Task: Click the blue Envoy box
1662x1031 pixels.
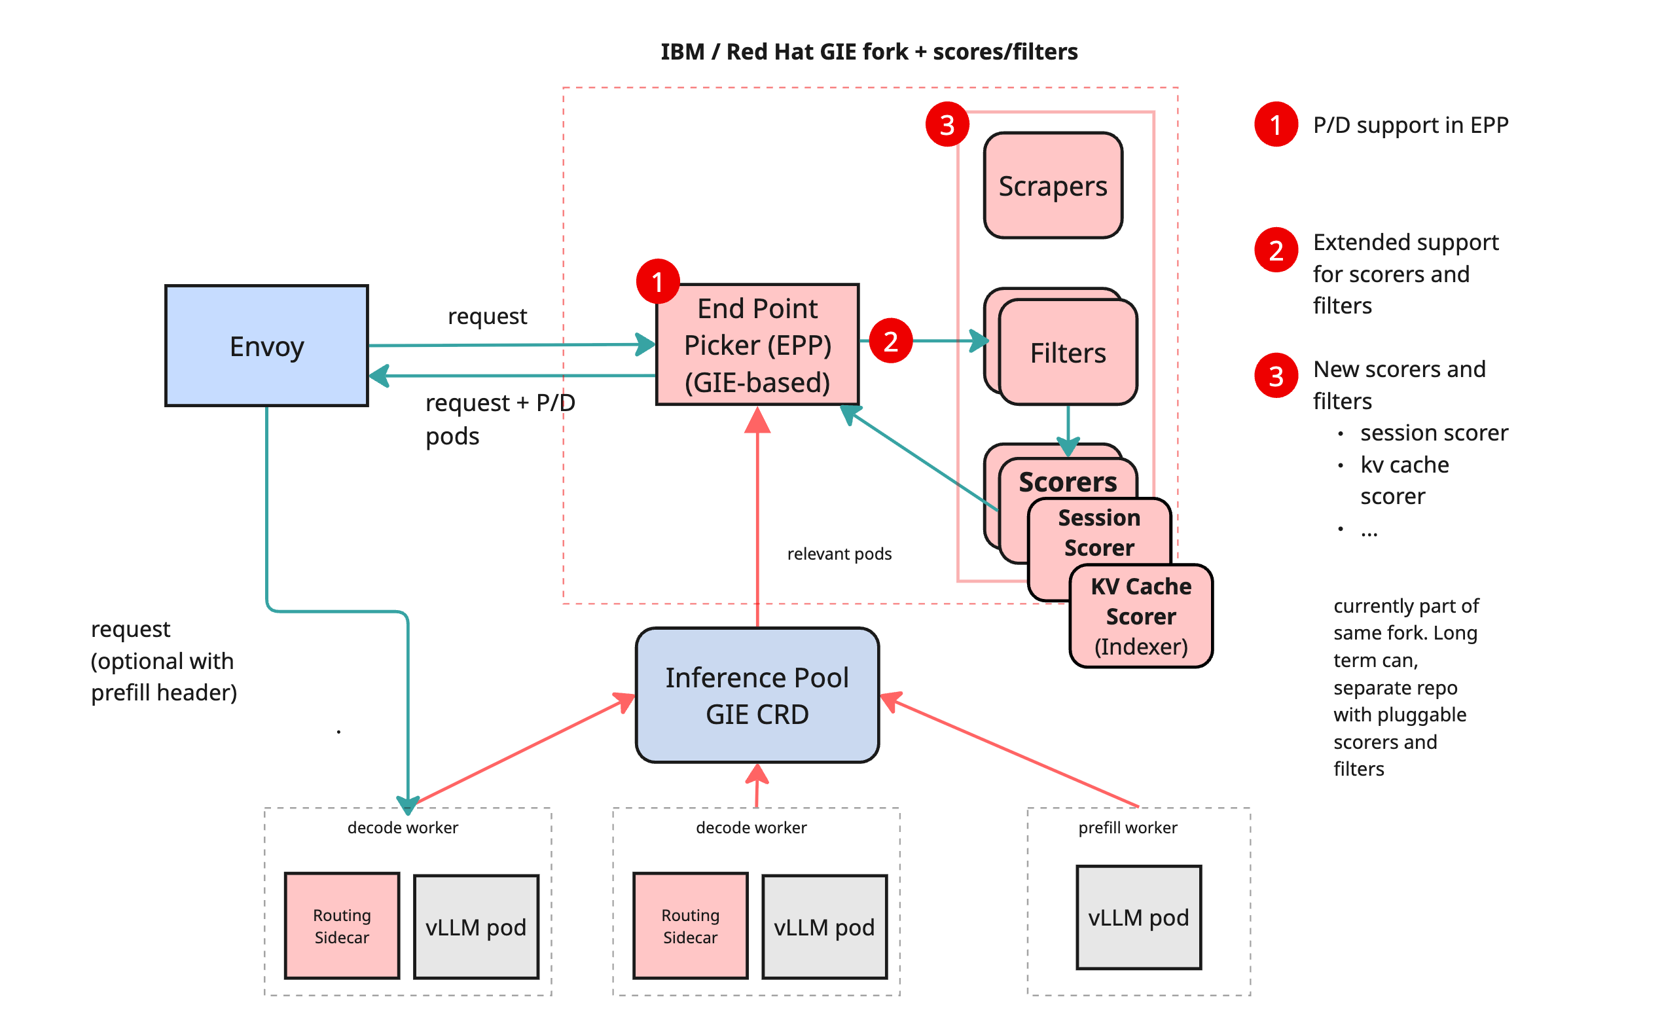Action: point(266,346)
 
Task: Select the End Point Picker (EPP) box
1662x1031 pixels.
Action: point(757,345)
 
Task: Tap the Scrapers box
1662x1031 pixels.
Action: point(1053,185)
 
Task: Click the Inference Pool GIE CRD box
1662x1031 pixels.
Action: point(757,695)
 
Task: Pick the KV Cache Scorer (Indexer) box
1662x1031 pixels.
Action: point(1140,616)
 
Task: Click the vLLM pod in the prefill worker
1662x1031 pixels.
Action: point(1138,917)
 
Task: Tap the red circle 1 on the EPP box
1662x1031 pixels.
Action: point(657,281)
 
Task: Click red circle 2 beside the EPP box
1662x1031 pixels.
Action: point(890,340)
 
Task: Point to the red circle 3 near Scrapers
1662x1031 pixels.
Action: point(947,124)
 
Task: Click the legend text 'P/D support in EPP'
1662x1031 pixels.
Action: point(1410,125)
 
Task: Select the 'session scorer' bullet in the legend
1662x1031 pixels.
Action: point(1433,432)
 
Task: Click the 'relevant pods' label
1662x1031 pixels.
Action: point(839,554)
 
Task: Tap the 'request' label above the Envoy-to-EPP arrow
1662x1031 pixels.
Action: point(487,316)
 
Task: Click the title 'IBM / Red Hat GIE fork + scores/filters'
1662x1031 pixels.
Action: point(869,51)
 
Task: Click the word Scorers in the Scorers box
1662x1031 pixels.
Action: point(1067,481)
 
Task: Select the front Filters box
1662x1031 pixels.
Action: point(1068,353)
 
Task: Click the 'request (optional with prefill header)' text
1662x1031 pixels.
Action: point(164,660)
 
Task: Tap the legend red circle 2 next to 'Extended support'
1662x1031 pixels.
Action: point(1276,249)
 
